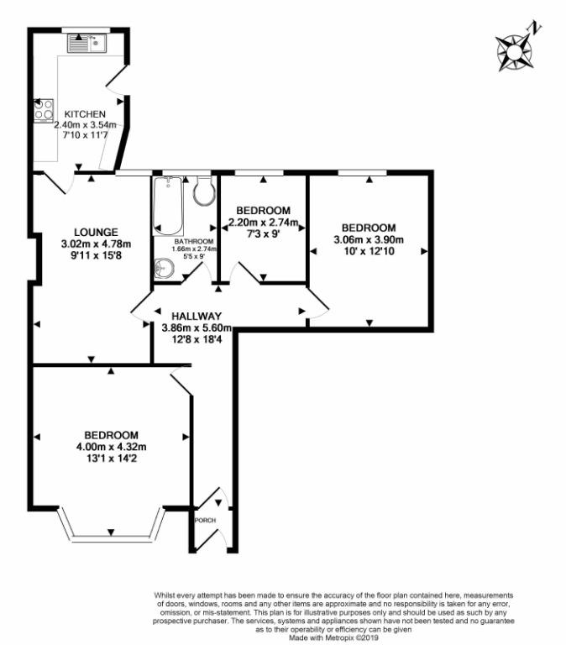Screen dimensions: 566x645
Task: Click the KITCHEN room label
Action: click(85, 114)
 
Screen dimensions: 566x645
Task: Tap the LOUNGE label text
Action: click(96, 233)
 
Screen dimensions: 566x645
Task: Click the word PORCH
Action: click(205, 521)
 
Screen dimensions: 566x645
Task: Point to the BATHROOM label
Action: click(194, 242)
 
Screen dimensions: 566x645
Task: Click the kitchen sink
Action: click(87, 43)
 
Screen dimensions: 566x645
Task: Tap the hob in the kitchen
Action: click(44, 110)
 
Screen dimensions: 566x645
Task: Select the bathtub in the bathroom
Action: click(168, 206)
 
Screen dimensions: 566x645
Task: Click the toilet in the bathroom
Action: click(204, 190)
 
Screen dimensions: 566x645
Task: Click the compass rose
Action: click(514, 53)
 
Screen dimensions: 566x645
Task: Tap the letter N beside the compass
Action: click(535, 28)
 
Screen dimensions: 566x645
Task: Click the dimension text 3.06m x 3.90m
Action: click(369, 239)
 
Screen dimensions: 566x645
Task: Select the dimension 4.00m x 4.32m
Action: click(112, 447)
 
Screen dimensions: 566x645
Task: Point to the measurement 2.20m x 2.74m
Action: click(264, 223)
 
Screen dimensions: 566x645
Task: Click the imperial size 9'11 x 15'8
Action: click(97, 256)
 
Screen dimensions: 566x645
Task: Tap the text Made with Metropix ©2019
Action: click(333, 637)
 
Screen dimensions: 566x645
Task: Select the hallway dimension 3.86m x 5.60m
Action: click(197, 328)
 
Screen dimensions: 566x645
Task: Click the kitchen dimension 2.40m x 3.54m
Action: click(85, 124)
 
